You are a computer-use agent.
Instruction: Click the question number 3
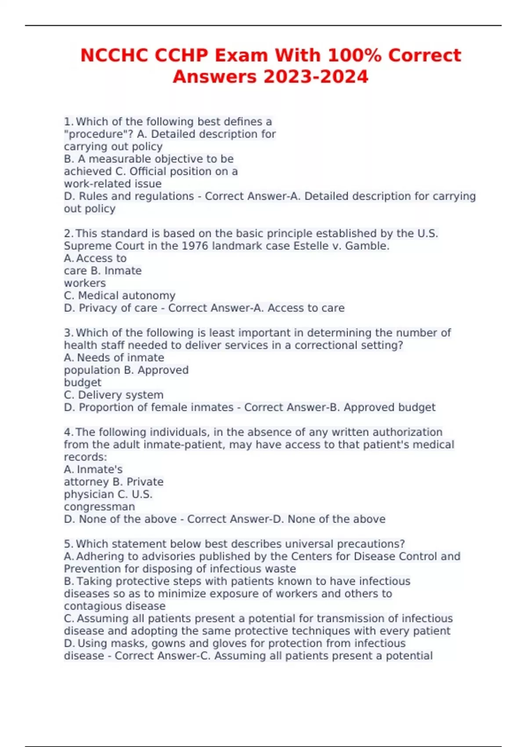[68, 333]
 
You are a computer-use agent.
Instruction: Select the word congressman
[99, 507]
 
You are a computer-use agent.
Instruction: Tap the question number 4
[68, 432]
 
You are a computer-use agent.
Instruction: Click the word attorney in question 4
[86, 482]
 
